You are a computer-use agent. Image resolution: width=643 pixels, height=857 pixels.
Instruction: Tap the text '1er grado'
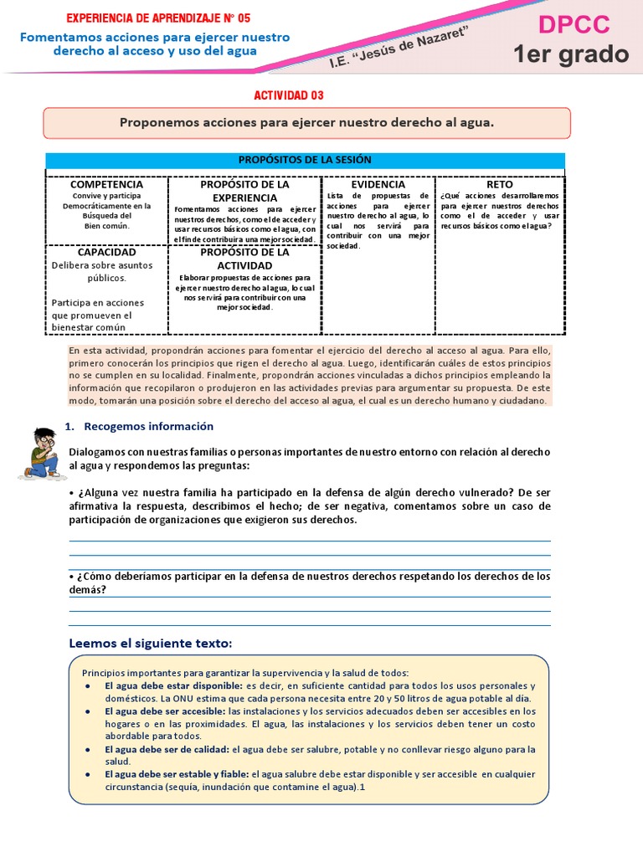[x=571, y=54]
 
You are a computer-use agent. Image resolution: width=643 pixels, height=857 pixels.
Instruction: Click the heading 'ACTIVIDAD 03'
[x=288, y=95]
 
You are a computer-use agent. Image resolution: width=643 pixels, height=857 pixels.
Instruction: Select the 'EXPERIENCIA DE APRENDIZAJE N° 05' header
[x=157, y=18]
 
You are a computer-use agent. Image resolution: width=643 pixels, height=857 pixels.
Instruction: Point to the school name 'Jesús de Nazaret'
[x=411, y=45]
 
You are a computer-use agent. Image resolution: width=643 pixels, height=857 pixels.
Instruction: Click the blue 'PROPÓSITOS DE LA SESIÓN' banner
[x=305, y=160]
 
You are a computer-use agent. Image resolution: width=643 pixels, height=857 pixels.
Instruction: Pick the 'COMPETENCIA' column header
[x=106, y=183]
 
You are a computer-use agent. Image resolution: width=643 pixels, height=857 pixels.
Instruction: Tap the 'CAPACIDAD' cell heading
[x=106, y=252]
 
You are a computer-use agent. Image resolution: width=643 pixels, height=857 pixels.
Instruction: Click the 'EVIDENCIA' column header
[x=378, y=183]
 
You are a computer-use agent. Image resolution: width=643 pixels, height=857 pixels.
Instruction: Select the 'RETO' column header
[x=500, y=183]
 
